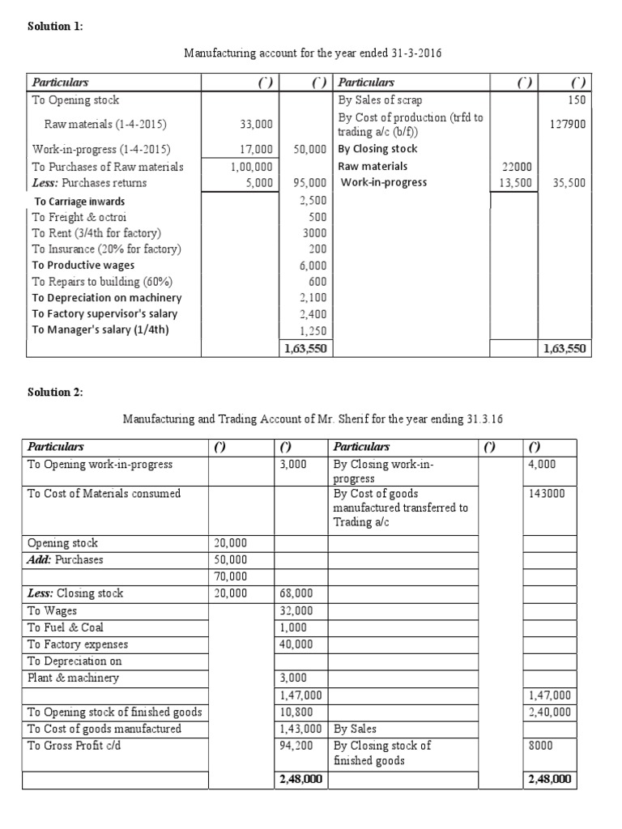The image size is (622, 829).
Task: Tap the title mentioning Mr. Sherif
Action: (316, 419)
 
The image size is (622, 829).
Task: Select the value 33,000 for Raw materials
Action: (257, 124)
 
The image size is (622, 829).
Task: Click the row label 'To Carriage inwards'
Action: (79, 202)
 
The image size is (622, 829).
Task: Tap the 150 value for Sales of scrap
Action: (577, 100)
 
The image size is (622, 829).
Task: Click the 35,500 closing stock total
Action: (569, 183)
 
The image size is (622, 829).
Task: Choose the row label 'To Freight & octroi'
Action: (79, 217)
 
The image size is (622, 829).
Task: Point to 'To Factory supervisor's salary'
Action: (104, 313)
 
